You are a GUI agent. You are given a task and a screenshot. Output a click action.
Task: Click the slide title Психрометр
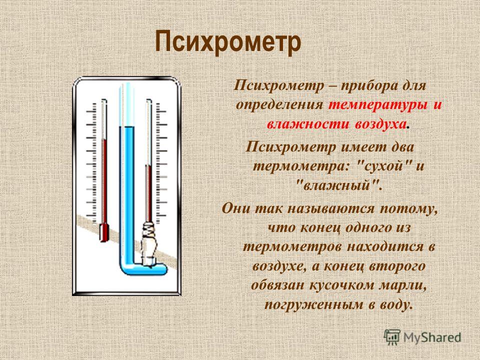[228, 42]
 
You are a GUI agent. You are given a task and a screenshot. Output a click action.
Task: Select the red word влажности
[307, 124]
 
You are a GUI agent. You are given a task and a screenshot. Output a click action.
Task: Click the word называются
[331, 209]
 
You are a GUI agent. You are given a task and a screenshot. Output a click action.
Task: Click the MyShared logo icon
[392, 337]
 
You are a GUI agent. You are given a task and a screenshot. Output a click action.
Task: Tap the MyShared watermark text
[432, 337]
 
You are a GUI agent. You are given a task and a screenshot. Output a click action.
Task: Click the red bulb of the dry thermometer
[104, 232]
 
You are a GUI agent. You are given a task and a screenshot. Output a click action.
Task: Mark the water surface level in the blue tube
[126, 126]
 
